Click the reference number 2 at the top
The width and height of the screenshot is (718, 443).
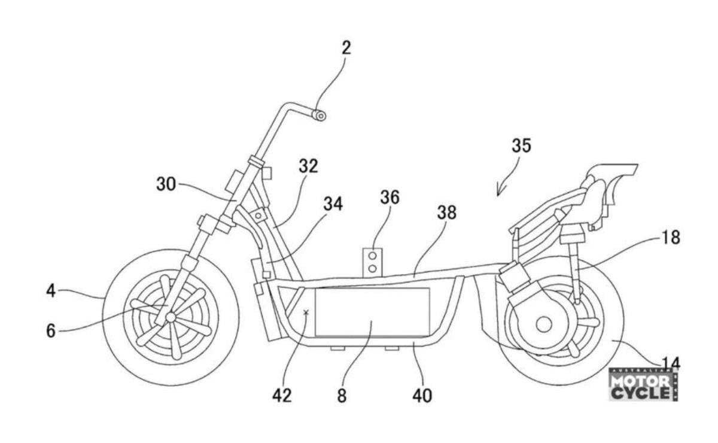pos(346,48)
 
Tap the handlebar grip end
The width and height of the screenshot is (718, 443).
pos(321,115)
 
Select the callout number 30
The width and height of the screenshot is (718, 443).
pos(166,184)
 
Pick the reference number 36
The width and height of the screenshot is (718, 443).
pos(390,196)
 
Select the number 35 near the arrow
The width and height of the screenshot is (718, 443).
pos(521,145)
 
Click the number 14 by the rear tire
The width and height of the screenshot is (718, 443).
pos(670,362)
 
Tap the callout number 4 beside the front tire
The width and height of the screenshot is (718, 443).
pos(51,291)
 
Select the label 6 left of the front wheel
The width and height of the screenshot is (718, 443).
pos(51,330)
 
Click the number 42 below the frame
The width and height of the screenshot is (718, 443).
pos(282,395)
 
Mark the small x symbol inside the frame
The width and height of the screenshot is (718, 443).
pos(306,312)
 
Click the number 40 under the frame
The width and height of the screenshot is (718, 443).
pos(422,395)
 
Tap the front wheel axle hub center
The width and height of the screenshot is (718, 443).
pos(171,316)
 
